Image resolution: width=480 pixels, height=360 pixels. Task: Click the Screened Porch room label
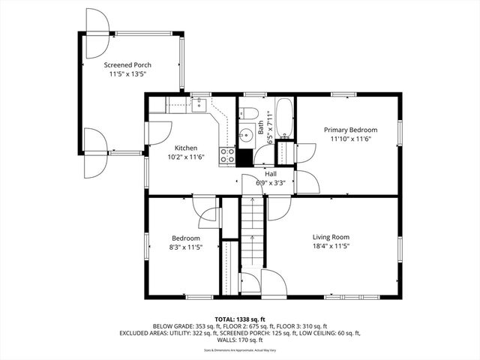pyautogui.click(x=127, y=65)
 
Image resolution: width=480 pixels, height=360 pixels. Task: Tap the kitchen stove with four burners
pyautogui.click(x=226, y=156)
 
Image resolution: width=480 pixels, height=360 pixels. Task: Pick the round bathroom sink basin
pyautogui.click(x=247, y=136)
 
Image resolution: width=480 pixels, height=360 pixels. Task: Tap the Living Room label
pyautogui.click(x=331, y=237)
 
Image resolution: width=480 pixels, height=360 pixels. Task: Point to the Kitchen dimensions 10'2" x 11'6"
pyautogui.click(x=186, y=157)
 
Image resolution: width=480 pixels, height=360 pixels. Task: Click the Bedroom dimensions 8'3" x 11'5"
pyautogui.click(x=184, y=247)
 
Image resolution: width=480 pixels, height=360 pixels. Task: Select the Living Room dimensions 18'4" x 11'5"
pyautogui.click(x=331, y=246)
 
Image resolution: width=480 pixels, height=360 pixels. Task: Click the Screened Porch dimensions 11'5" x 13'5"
pyautogui.click(x=127, y=74)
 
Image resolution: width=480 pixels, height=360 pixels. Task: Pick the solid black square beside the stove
pyautogui.click(x=244, y=157)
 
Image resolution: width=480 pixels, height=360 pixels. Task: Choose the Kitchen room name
pyautogui.click(x=186, y=148)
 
